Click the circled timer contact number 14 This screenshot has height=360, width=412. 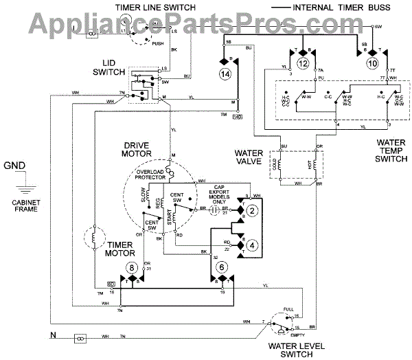pyautogui.click(x=224, y=73)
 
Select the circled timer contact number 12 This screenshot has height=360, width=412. pyautogui.click(x=304, y=63)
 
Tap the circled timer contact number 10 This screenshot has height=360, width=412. pyautogui.click(x=372, y=63)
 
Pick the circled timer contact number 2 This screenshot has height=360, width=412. pyautogui.click(x=253, y=211)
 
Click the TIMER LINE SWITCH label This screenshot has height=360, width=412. pyautogui.click(x=158, y=8)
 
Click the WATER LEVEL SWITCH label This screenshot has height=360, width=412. pyautogui.click(x=297, y=348)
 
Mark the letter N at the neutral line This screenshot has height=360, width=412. pyautogui.click(x=52, y=336)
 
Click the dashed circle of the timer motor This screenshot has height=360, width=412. pyautogui.click(x=93, y=238)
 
